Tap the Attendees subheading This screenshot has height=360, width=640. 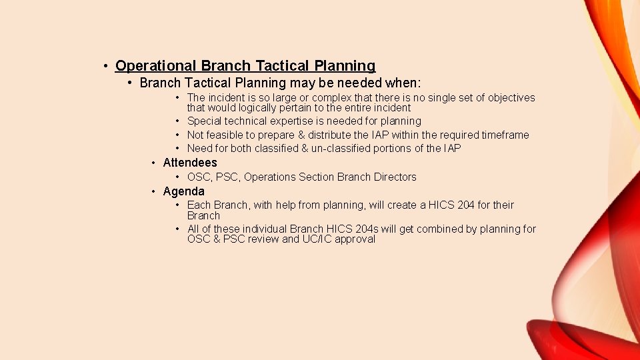[x=190, y=163]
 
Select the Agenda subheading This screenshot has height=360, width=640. [x=184, y=192]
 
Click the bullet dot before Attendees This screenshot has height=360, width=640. [x=154, y=163]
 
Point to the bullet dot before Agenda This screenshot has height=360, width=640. [x=154, y=192]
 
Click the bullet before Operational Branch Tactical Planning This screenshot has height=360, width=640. [x=106, y=66]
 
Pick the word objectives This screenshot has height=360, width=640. [x=511, y=98]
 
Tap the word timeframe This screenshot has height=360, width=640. [x=505, y=135]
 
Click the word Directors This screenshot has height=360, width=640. [x=395, y=177]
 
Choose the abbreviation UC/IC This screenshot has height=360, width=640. [x=317, y=239]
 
